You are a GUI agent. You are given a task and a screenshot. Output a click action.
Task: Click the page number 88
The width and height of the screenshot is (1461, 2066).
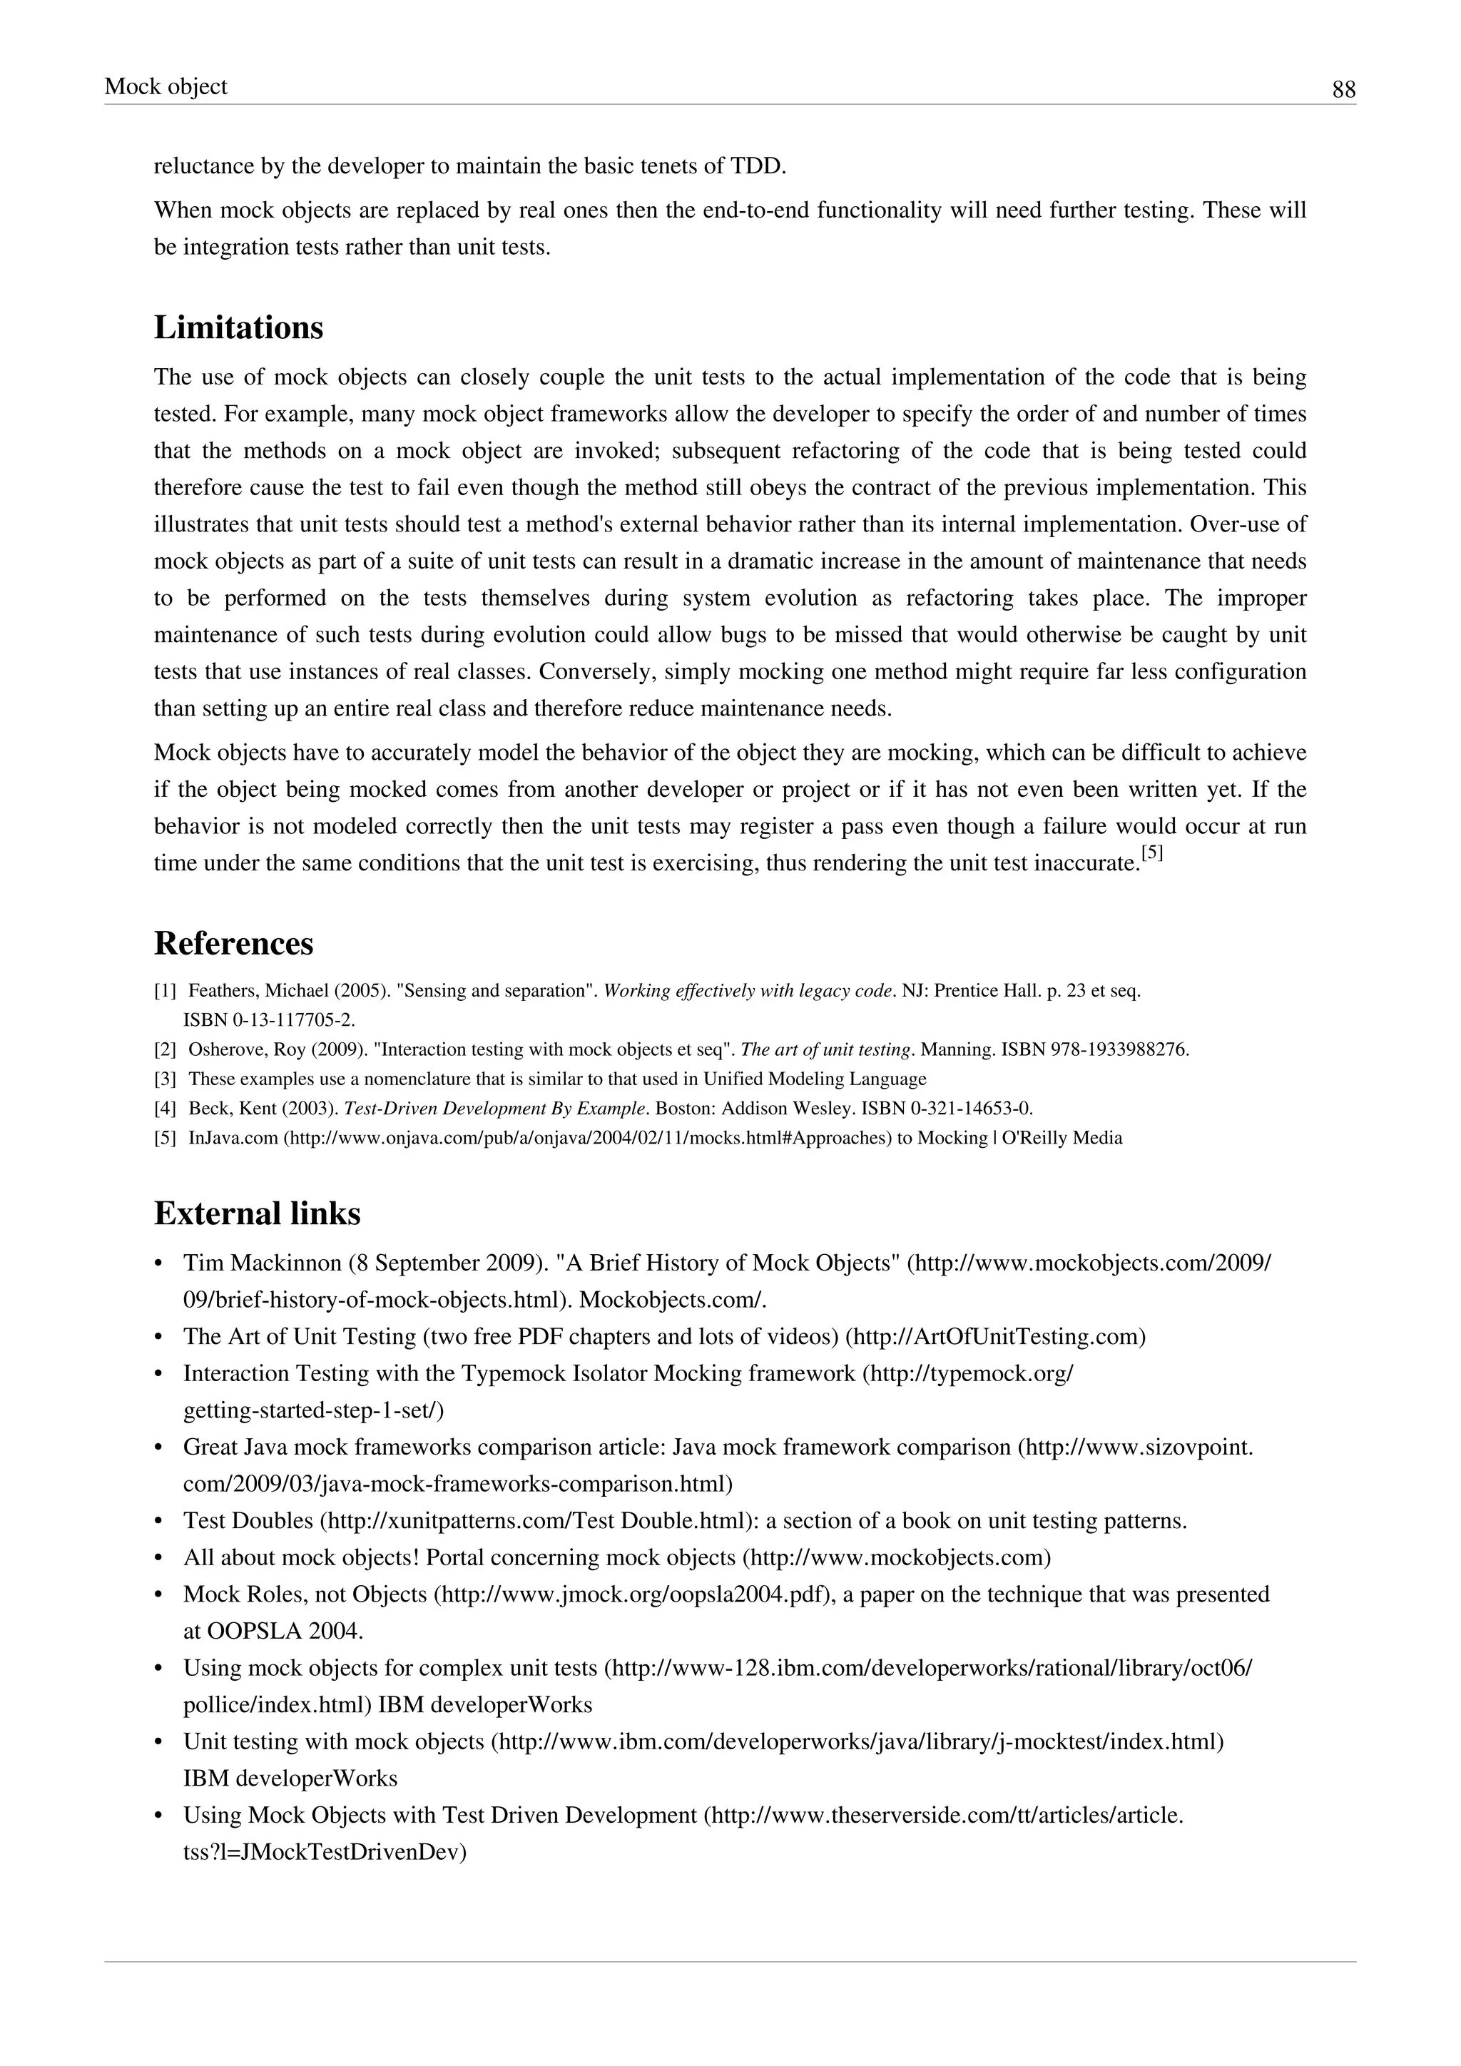click(1343, 90)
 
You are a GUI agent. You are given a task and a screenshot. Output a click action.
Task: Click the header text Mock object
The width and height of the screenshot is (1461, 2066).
click(166, 86)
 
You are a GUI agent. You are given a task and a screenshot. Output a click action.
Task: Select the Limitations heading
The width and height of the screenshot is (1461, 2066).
click(238, 327)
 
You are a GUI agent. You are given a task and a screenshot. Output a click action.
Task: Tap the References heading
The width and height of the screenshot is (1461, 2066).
click(234, 943)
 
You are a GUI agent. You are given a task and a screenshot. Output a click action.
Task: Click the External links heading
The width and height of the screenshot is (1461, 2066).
click(258, 1213)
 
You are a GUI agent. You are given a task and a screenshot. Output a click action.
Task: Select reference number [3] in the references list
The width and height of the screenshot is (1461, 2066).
click(165, 1079)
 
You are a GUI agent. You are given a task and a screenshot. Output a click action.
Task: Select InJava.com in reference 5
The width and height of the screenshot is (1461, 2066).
click(234, 1139)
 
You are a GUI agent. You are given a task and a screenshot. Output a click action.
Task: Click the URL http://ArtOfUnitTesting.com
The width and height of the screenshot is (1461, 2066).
click(995, 1337)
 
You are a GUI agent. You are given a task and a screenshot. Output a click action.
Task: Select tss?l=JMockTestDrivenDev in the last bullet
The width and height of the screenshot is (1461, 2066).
click(324, 1853)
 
